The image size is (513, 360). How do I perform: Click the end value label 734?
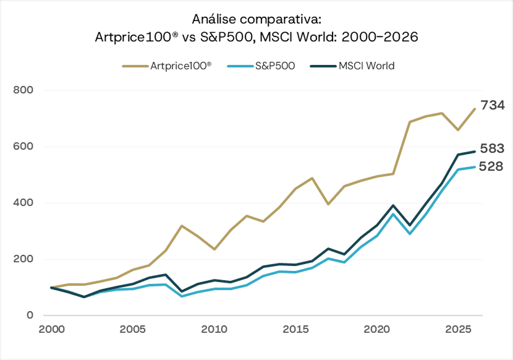[493, 106]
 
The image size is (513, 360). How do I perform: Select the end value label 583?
[493, 148]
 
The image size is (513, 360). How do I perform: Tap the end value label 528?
[492, 166]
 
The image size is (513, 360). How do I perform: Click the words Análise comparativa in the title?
[256, 19]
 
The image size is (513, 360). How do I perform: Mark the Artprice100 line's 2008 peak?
[181, 226]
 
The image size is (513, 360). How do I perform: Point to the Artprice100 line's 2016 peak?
[312, 178]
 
